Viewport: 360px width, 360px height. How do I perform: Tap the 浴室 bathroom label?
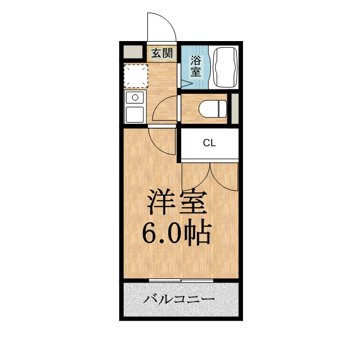196,66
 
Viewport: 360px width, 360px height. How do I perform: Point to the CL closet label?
209,143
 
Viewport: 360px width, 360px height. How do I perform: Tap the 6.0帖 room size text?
176,233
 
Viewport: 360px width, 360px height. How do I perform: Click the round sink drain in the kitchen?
134,98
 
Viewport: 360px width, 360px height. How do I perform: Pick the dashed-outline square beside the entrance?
136,76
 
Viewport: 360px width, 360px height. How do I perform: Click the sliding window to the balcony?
181,280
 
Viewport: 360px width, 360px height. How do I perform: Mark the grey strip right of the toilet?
235,108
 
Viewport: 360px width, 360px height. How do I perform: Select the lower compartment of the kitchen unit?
134,115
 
